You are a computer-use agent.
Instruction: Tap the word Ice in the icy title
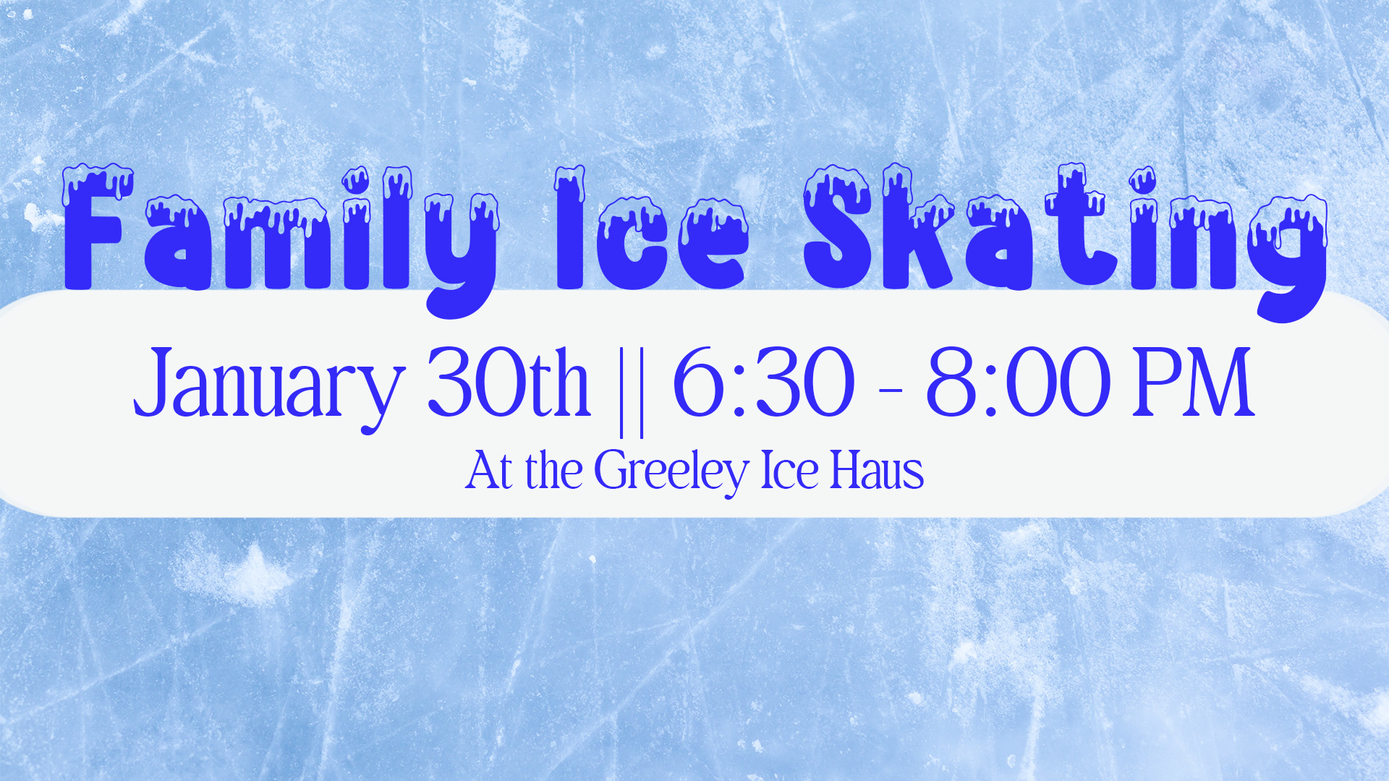coord(651,228)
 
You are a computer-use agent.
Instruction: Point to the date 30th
coord(509,381)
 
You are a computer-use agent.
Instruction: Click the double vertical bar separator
coord(632,391)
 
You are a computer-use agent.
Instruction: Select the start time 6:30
coord(764,382)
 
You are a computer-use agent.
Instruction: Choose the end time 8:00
coord(1018,382)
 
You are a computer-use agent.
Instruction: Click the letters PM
coord(1193,381)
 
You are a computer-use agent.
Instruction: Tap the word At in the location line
coord(489,471)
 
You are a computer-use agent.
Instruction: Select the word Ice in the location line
coord(789,471)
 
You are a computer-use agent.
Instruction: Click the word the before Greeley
coord(554,469)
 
